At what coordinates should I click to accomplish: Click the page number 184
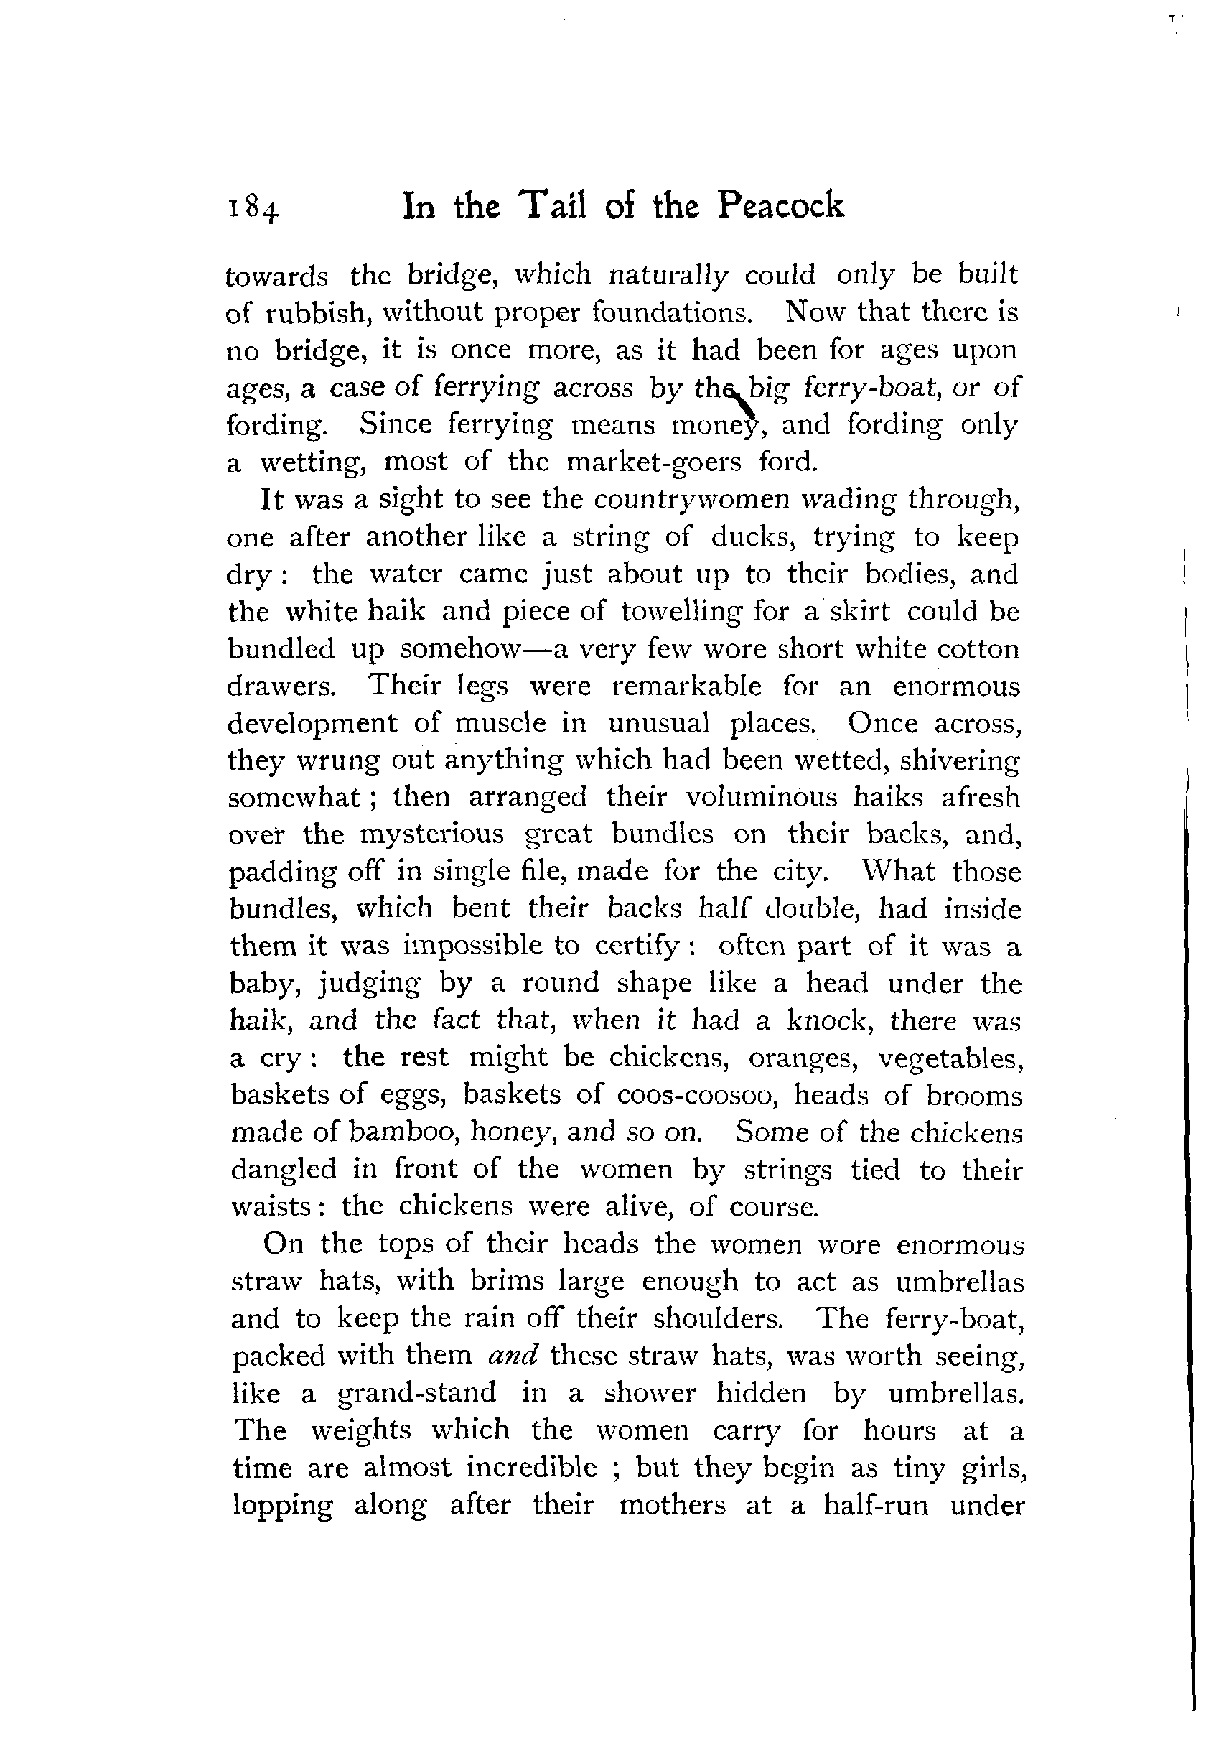(x=253, y=206)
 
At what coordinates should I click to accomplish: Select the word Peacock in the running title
(x=780, y=205)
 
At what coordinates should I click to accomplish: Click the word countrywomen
(x=691, y=500)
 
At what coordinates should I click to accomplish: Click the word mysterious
(x=431, y=834)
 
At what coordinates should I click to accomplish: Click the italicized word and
(x=513, y=1355)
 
